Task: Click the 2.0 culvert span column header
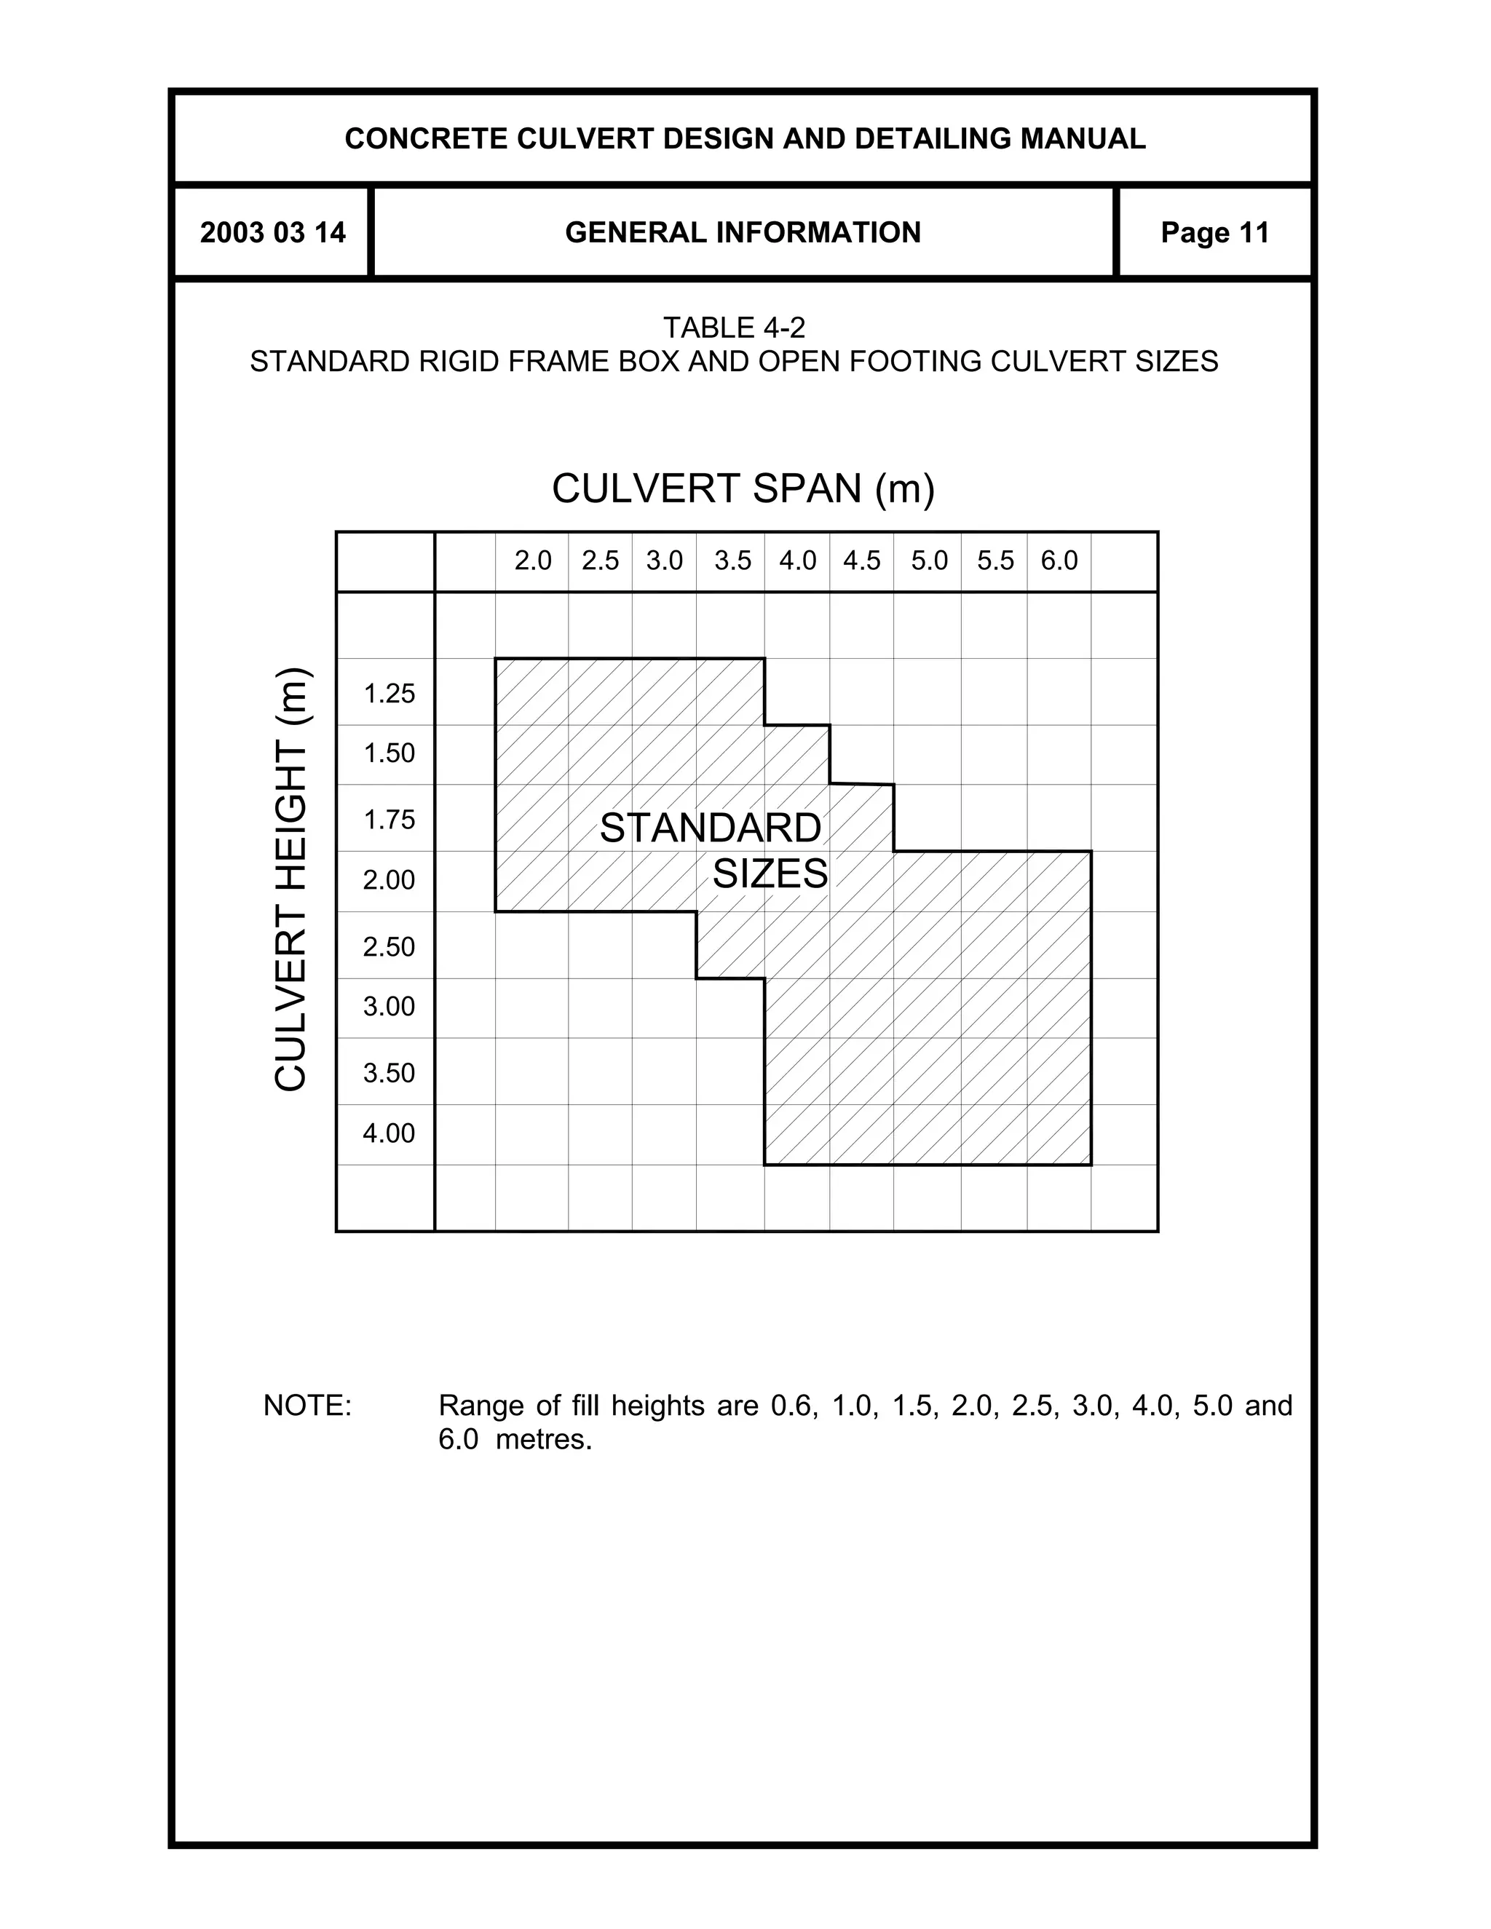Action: (533, 561)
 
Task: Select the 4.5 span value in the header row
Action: (861, 561)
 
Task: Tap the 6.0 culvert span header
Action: (1059, 561)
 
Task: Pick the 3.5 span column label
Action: (732, 561)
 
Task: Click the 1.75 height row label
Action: (389, 820)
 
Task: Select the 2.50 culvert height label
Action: (389, 947)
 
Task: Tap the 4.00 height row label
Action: (389, 1133)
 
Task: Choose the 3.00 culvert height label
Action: (389, 1007)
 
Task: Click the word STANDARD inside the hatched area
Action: (710, 828)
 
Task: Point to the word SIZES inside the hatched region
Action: (770, 874)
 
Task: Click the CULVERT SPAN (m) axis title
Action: (743, 488)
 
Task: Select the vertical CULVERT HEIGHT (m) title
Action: (290, 879)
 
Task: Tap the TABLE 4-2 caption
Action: (734, 328)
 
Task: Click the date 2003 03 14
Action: (273, 233)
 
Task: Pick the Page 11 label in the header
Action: (1214, 233)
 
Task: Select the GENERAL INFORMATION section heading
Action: (743, 233)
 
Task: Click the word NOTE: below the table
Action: (307, 1405)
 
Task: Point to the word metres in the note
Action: (542, 1440)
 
